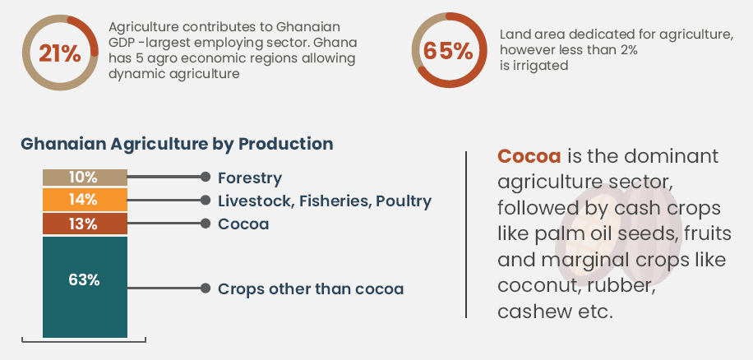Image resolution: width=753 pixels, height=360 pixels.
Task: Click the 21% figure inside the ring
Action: (59, 53)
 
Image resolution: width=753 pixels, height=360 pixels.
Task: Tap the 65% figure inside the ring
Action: (448, 51)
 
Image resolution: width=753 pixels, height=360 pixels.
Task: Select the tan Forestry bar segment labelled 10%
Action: (85, 178)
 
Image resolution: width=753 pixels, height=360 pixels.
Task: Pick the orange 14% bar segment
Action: (85, 200)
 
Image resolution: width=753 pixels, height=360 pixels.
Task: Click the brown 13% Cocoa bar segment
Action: (85, 224)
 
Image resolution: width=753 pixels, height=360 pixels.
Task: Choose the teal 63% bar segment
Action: (85, 287)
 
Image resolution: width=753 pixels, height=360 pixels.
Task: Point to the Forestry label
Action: (250, 178)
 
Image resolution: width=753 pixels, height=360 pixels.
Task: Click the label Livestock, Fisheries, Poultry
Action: (325, 201)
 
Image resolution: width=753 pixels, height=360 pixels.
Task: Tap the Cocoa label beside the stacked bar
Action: (243, 224)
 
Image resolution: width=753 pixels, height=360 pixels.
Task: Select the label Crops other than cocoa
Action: (311, 289)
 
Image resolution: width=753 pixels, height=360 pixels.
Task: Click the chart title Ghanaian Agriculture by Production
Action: (177, 144)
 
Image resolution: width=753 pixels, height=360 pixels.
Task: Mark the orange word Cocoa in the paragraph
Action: (529, 156)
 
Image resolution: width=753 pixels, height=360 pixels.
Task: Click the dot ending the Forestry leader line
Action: (206, 177)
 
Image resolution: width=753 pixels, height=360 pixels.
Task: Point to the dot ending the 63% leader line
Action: (206, 288)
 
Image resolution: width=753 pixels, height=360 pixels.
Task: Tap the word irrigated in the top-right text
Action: (540, 65)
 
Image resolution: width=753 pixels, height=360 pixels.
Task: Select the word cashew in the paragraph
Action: (531, 312)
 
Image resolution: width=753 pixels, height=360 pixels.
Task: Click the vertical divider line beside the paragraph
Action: (466, 234)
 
